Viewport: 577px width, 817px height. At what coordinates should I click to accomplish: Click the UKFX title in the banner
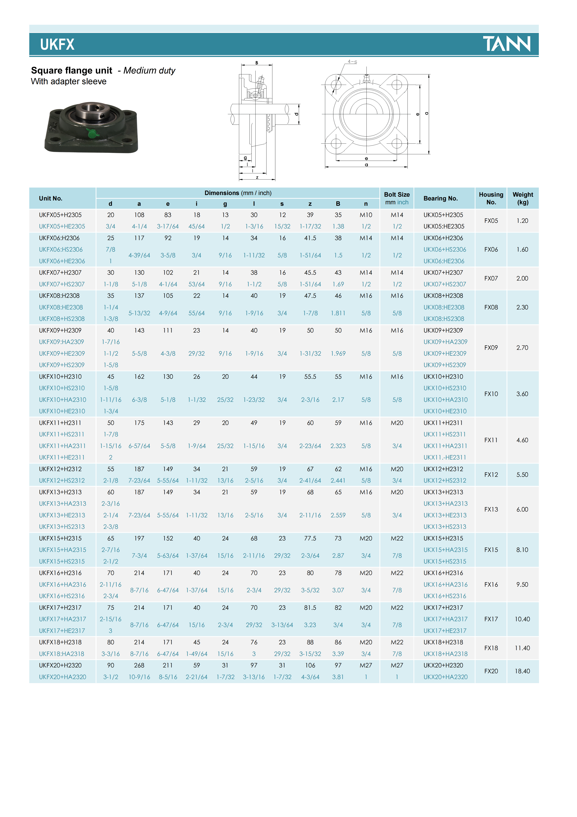(x=57, y=45)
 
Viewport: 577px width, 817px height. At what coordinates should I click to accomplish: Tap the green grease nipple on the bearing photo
(x=91, y=134)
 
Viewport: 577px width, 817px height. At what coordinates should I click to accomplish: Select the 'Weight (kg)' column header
(x=523, y=198)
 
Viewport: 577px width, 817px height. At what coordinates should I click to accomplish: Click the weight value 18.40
(x=522, y=671)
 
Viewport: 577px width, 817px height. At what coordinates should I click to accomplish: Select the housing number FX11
(x=491, y=440)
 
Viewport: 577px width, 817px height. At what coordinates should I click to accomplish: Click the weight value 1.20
(x=522, y=221)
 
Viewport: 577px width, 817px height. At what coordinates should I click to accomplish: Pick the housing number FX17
(x=491, y=619)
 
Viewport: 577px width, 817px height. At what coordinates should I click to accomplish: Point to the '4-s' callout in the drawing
(x=352, y=61)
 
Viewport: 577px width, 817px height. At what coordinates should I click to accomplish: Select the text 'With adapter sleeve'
(x=69, y=81)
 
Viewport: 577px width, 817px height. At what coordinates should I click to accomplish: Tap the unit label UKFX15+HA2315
(x=63, y=550)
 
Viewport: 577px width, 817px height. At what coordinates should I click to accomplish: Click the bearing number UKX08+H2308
(x=443, y=296)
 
